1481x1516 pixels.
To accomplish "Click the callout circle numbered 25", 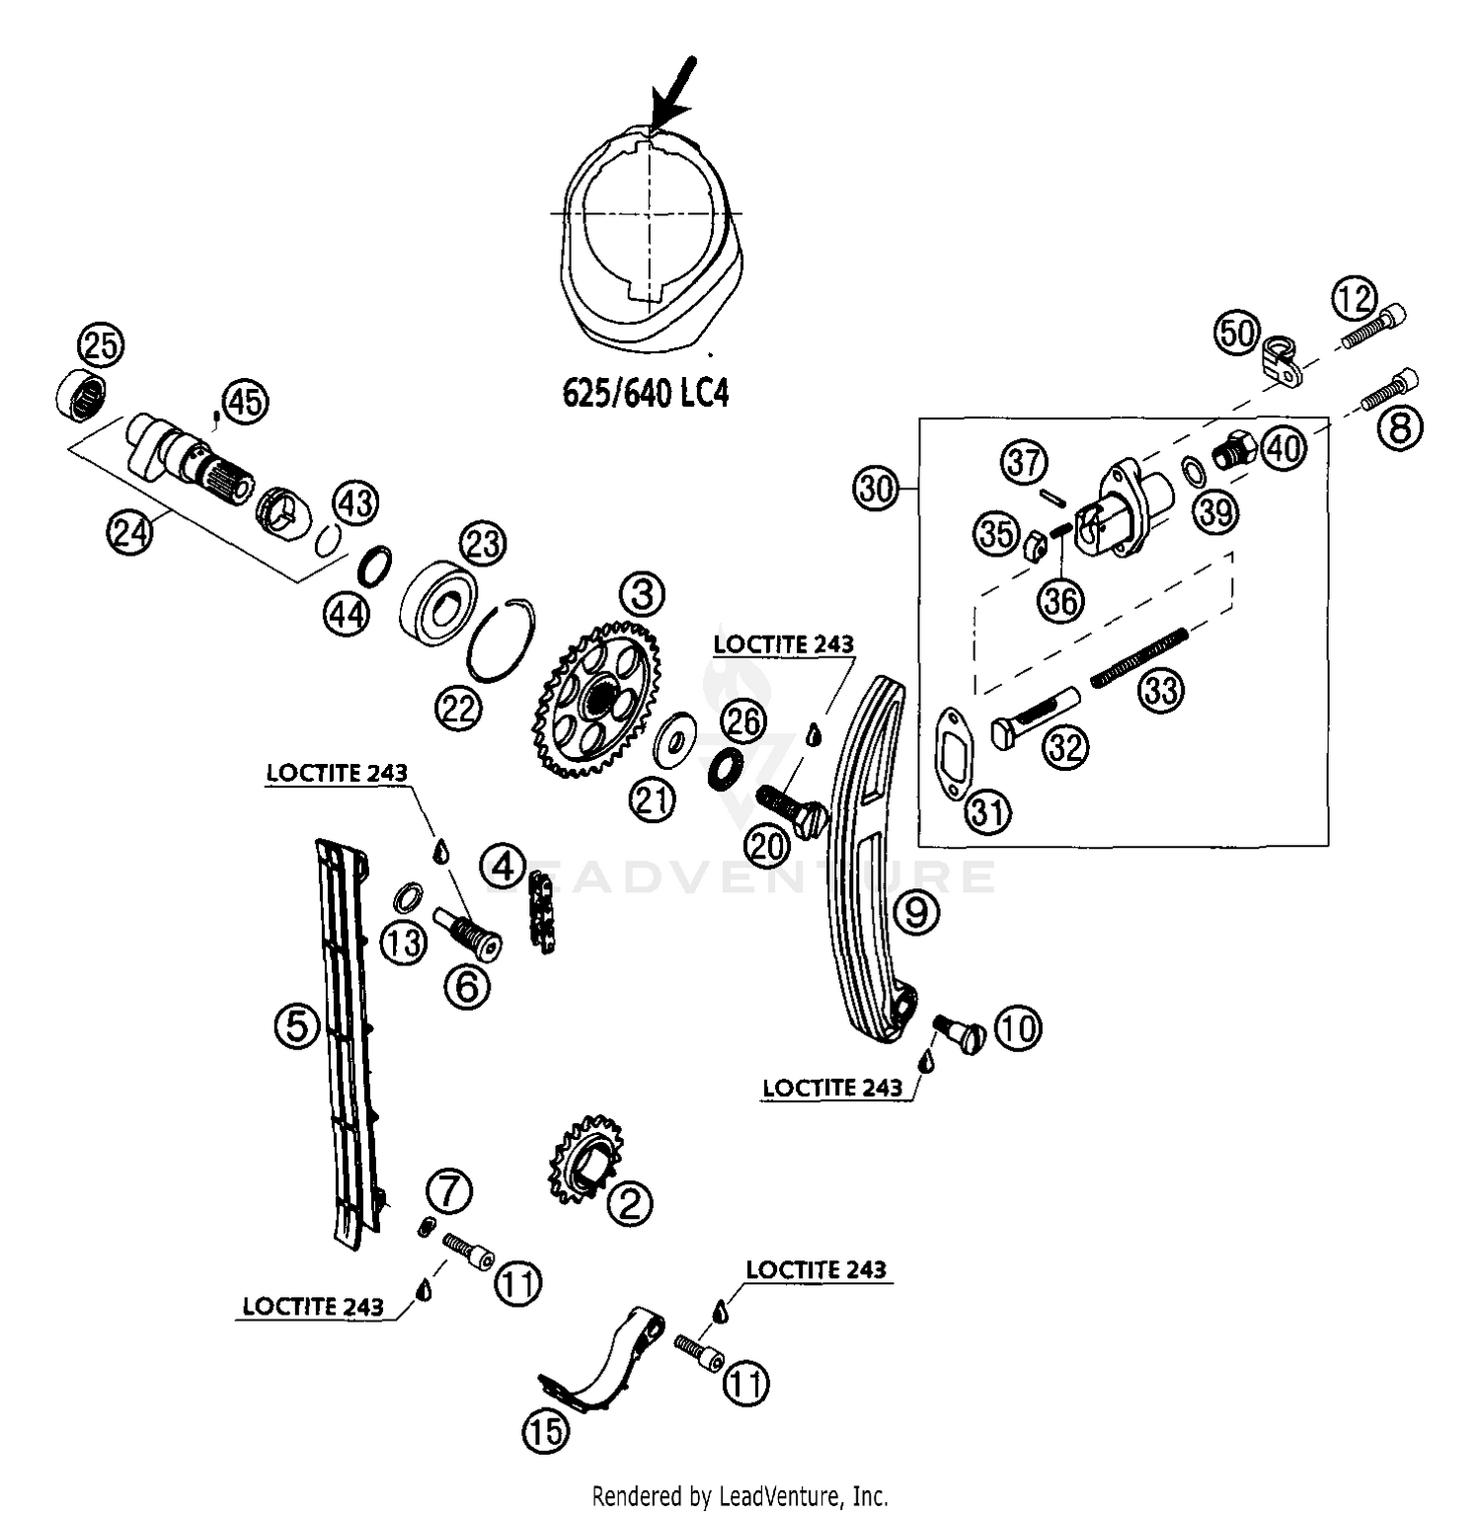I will [x=100, y=345].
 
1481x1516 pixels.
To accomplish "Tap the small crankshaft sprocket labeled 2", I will [x=585, y=1161].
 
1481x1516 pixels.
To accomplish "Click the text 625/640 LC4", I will [x=645, y=393].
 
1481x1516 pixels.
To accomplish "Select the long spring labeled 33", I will [x=1135, y=657].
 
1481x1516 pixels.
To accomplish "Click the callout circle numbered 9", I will [x=917, y=912].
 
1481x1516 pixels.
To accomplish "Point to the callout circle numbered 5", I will [x=297, y=1027].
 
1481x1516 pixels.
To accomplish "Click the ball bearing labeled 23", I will [x=439, y=605].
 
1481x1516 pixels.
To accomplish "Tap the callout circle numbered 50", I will [x=1236, y=333].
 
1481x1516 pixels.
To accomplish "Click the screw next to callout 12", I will [x=1373, y=327].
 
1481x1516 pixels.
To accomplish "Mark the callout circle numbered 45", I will [x=246, y=403].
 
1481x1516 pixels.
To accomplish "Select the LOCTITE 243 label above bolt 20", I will [x=783, y=644].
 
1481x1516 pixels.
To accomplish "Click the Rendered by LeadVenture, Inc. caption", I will [x=740, y=1495].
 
